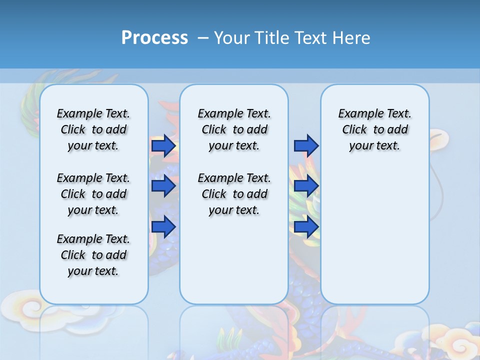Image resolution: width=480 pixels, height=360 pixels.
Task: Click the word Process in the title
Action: [x=154, y=37]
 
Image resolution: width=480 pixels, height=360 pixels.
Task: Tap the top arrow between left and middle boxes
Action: [x=163, y=146]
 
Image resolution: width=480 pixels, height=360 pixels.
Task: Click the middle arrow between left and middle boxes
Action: [x=163, y=186]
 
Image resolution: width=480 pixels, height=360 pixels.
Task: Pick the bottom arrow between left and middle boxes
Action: [x=163, y=227]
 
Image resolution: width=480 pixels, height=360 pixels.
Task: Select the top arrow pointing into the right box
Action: [x=306, y=145]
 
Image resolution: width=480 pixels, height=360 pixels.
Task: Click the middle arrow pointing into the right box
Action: [x=306, y=186]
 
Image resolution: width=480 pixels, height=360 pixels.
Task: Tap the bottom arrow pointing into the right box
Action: [x=306, y=227]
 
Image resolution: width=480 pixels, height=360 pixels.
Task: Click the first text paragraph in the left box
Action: [x=93, y=129]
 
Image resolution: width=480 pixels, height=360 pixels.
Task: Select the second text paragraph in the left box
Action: [x=93, y=194]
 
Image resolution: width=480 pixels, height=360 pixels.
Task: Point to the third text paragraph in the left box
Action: [x=93, y=255]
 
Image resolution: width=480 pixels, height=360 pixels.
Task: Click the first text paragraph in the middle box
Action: [x=234, y=129]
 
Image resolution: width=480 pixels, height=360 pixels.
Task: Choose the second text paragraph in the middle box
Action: [x=234, y=194]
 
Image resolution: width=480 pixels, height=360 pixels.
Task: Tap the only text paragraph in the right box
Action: [x=374, y=129]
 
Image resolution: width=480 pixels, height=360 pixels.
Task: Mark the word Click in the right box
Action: [x=354, y=130]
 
